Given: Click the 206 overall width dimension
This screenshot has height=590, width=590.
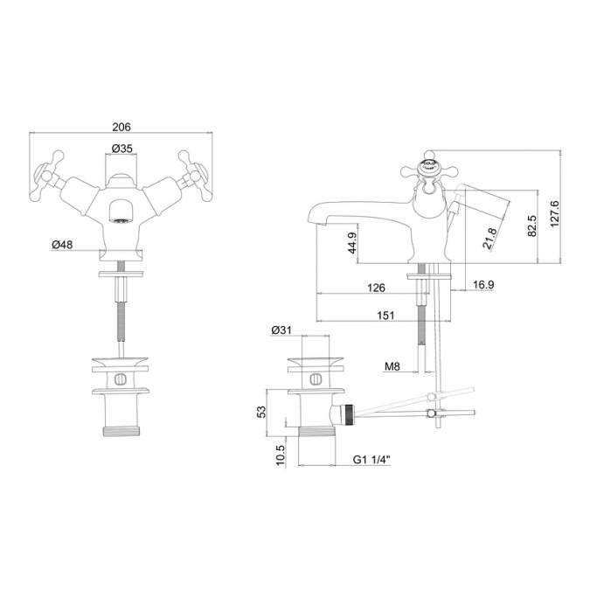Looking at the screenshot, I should pyautogui.click(x=121, y=126).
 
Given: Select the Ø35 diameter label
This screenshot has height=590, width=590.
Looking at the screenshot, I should pyautogui.click(x=121, y=149).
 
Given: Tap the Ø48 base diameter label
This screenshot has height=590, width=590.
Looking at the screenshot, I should pyautogui.click(x=61, y=245).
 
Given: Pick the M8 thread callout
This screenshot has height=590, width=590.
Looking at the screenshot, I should pyautogui.click(x=393, y=367).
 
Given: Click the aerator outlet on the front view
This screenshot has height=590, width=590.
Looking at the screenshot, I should pyautogui.click(x=121, y=211).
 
